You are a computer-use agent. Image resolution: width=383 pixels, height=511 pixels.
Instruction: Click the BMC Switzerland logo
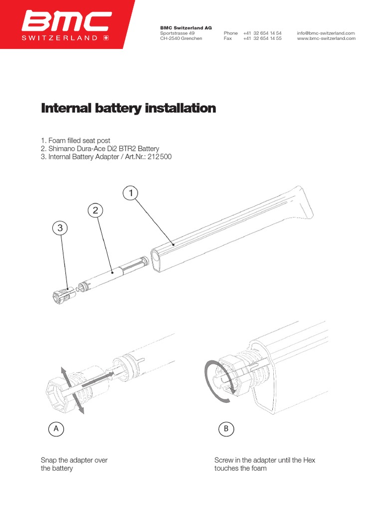coord(66,25)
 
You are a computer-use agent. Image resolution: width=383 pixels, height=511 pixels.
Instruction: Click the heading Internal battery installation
coord(128,108)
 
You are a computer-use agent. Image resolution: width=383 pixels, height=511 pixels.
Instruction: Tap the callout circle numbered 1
coord(130,193)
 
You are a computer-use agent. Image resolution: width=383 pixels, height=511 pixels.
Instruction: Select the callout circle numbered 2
coord(95,211)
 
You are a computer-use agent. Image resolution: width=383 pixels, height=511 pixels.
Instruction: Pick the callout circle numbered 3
coord(60,229)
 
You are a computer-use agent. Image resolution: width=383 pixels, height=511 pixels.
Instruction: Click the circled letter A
coord(56,428)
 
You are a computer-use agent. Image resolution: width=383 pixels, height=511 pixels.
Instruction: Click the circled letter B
coord(226,428)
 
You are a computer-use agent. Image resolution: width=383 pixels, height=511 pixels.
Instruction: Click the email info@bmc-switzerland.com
coord(326,33)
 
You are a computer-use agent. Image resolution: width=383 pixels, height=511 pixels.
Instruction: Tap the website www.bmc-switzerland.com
coord(326,38)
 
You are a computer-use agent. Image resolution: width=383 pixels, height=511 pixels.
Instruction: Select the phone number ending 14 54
coord(262,33)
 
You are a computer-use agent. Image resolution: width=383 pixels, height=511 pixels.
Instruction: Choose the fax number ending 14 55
coord(262,38)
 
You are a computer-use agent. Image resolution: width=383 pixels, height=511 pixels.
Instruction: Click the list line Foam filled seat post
coord(75,141)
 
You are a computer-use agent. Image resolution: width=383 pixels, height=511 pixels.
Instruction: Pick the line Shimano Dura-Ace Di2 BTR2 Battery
coord(100,149)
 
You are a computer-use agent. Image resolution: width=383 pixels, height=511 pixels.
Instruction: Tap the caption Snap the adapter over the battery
coord(74,464)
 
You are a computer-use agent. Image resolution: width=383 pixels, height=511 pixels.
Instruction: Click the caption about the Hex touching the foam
coord(265,464)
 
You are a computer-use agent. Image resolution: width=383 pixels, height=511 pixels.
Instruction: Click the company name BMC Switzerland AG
coord(186,28)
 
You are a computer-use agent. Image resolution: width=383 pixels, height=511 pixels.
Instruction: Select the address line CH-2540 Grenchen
coord(181,38)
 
